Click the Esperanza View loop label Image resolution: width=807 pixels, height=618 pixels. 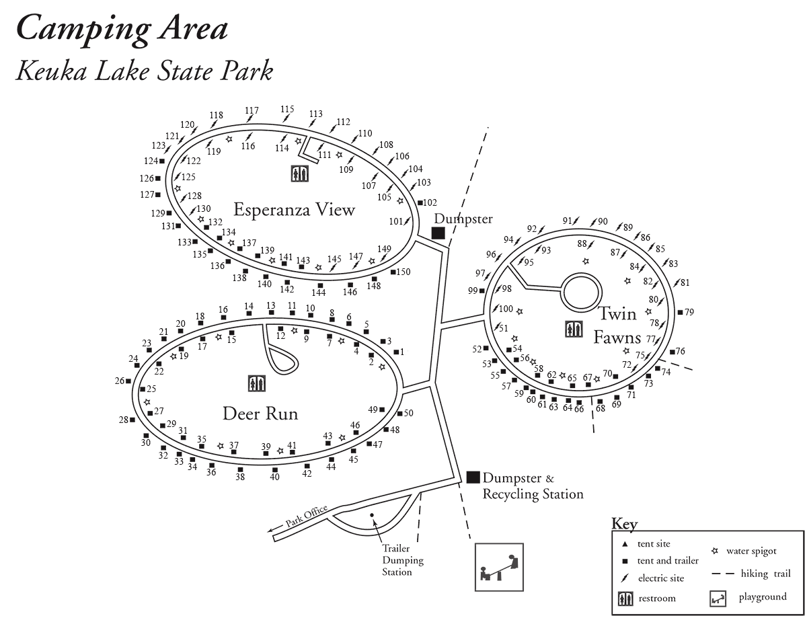point(294,210)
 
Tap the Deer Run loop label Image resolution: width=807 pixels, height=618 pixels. point(260,414)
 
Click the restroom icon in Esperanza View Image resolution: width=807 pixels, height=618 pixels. point(300,173)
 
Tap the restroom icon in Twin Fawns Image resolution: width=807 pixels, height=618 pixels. point(574,330)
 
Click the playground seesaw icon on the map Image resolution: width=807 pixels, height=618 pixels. point(499,567)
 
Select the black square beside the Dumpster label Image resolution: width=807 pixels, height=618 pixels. point(438,233)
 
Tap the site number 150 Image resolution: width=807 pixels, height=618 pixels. point(403,272)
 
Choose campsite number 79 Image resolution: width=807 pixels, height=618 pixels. point(689,311)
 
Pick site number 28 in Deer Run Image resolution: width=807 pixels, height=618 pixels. point(124,420)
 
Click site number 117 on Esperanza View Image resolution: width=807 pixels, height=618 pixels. point(252,110)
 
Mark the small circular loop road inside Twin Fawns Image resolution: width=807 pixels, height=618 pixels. point(581,291)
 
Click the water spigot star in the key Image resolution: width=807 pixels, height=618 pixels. point(715,551)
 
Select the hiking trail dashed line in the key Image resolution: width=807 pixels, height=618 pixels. point(723,574)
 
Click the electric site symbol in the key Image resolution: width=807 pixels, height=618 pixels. point(625,577)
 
